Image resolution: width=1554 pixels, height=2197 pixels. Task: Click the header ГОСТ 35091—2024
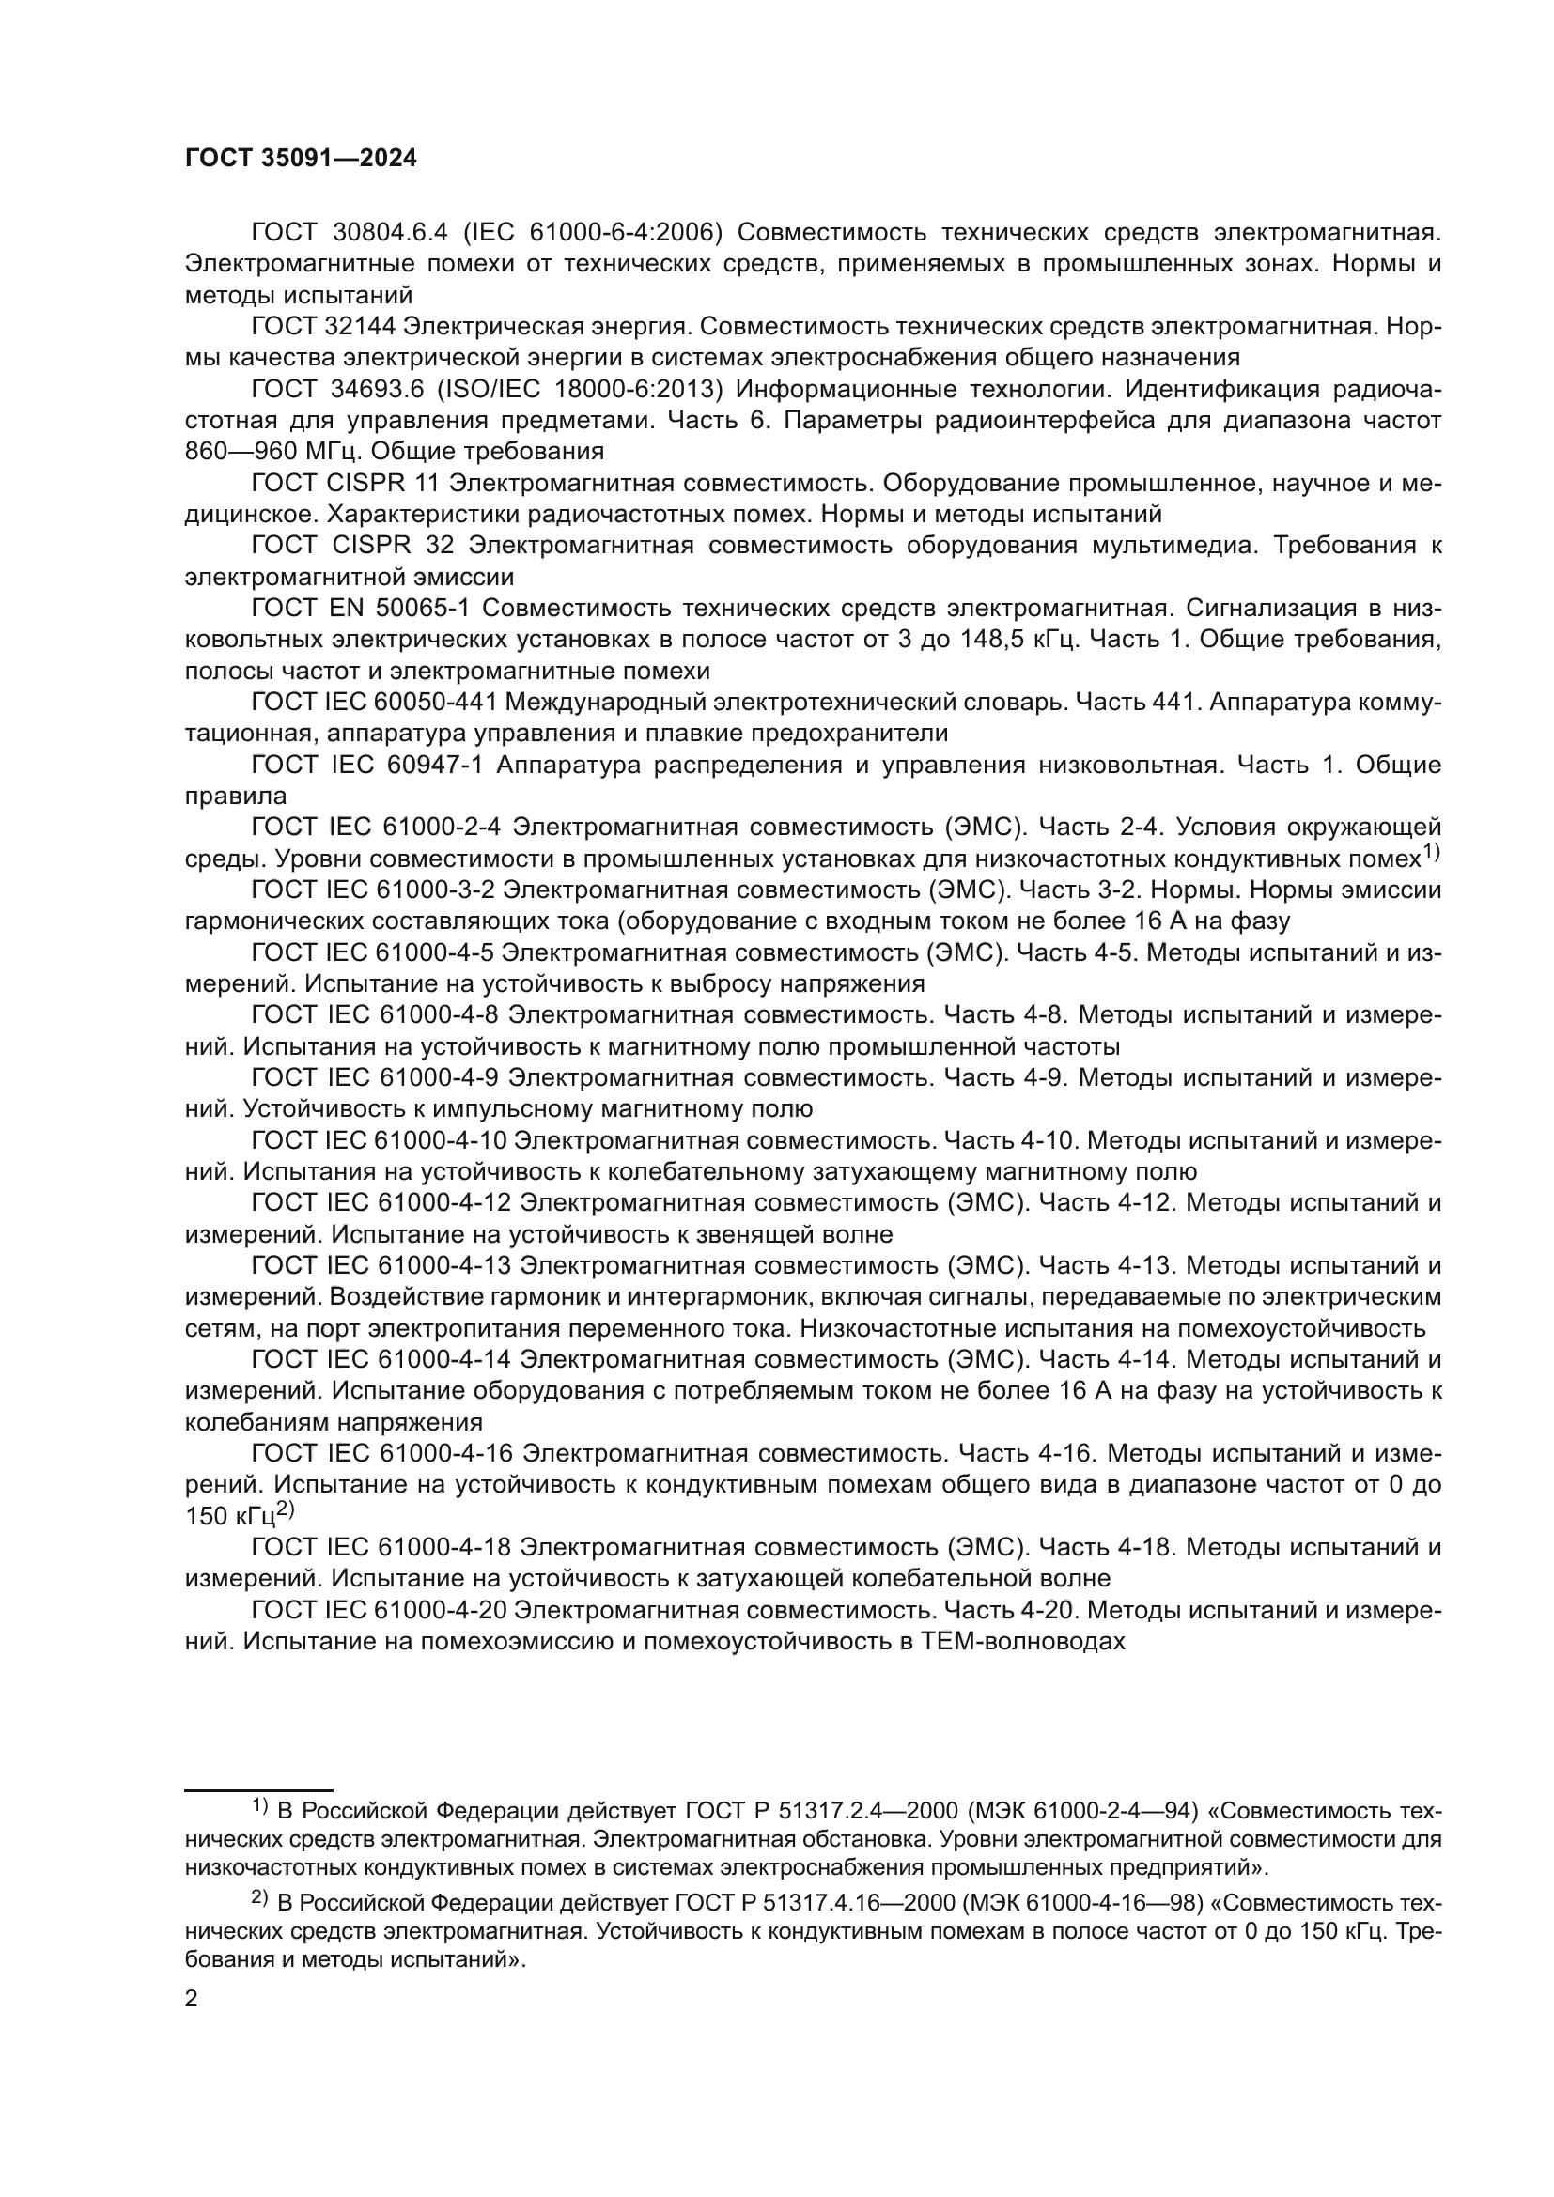[301, 159]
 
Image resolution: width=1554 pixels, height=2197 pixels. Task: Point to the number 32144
[356, 326]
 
